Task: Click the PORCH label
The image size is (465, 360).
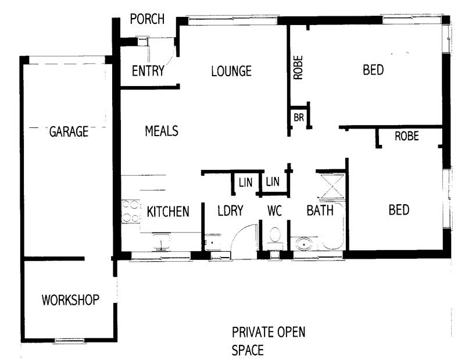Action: coord(146,19)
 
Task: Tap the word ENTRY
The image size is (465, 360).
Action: coord(148,72)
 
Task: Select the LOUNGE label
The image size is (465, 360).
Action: coord(231,72)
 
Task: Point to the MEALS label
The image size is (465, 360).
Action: coord(161,131)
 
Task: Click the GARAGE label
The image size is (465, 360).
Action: coord(68,131)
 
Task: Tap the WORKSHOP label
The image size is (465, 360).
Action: coord(70,300)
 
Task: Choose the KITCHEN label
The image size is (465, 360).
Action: coord(167,211)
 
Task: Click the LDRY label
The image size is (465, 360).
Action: coord(230,211)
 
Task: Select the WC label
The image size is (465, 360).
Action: coord(274,211)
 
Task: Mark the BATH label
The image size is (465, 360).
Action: coord(320,211)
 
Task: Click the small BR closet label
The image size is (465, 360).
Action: coord(299,117)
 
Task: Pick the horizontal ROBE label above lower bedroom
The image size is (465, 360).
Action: coord(407,137)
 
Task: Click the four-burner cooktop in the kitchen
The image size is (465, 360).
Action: coord(130,212)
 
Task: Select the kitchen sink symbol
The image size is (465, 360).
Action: coord(161,241)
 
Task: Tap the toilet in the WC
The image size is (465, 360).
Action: coord(274,237)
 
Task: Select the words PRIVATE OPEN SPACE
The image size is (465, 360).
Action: coord(268,341)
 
